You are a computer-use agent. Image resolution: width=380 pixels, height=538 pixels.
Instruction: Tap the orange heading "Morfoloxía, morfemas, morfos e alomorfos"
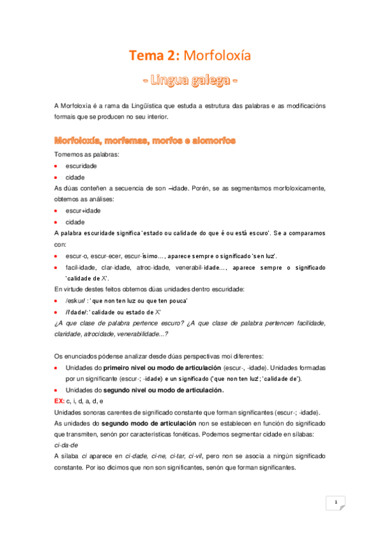point(145,140)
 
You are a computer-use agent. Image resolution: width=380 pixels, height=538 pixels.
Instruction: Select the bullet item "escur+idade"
point(83,210)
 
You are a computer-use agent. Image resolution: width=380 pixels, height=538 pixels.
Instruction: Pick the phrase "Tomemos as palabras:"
point(81,154)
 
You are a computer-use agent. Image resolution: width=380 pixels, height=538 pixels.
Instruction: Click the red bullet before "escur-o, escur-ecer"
point(56,256)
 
